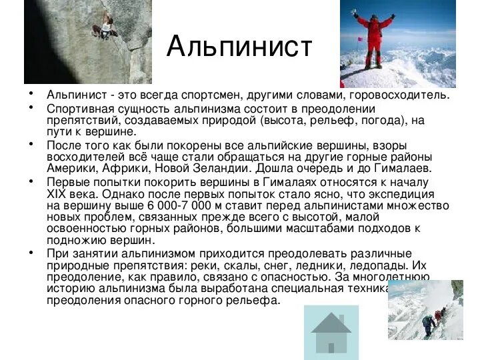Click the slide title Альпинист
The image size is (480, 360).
(239, 47)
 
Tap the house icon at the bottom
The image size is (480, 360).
(331, 333)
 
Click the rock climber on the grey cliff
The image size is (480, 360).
(105, 26)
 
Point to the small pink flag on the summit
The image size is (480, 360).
(360, 39)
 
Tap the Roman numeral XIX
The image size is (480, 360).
(56, 194)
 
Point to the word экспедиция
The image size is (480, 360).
(401, 195)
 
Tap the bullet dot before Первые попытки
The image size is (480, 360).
(31, 181)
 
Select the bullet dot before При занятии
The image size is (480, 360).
(31, 253)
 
